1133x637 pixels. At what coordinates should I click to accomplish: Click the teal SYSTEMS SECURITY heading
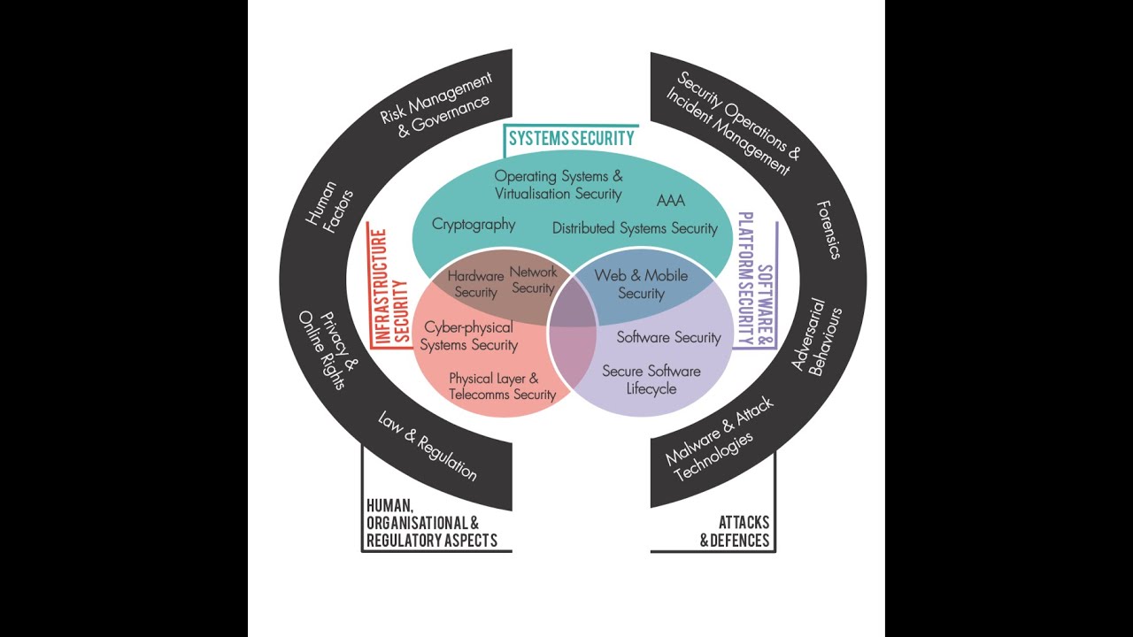571,138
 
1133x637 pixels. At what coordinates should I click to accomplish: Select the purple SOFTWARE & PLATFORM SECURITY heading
755,278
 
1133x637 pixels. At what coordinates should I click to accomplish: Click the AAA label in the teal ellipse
671,201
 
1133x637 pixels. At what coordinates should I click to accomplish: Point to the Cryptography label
474,225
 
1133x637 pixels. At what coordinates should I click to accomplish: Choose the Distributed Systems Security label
635,228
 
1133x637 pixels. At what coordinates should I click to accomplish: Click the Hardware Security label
475,284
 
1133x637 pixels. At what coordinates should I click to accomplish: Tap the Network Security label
533,280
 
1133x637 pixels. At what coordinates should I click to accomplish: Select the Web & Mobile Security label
641,284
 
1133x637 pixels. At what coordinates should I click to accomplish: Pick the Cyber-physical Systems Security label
468,336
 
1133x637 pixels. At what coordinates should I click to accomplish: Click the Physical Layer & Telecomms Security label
502,386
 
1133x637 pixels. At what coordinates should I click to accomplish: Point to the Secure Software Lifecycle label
651,380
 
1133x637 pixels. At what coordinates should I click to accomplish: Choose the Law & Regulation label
427,446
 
